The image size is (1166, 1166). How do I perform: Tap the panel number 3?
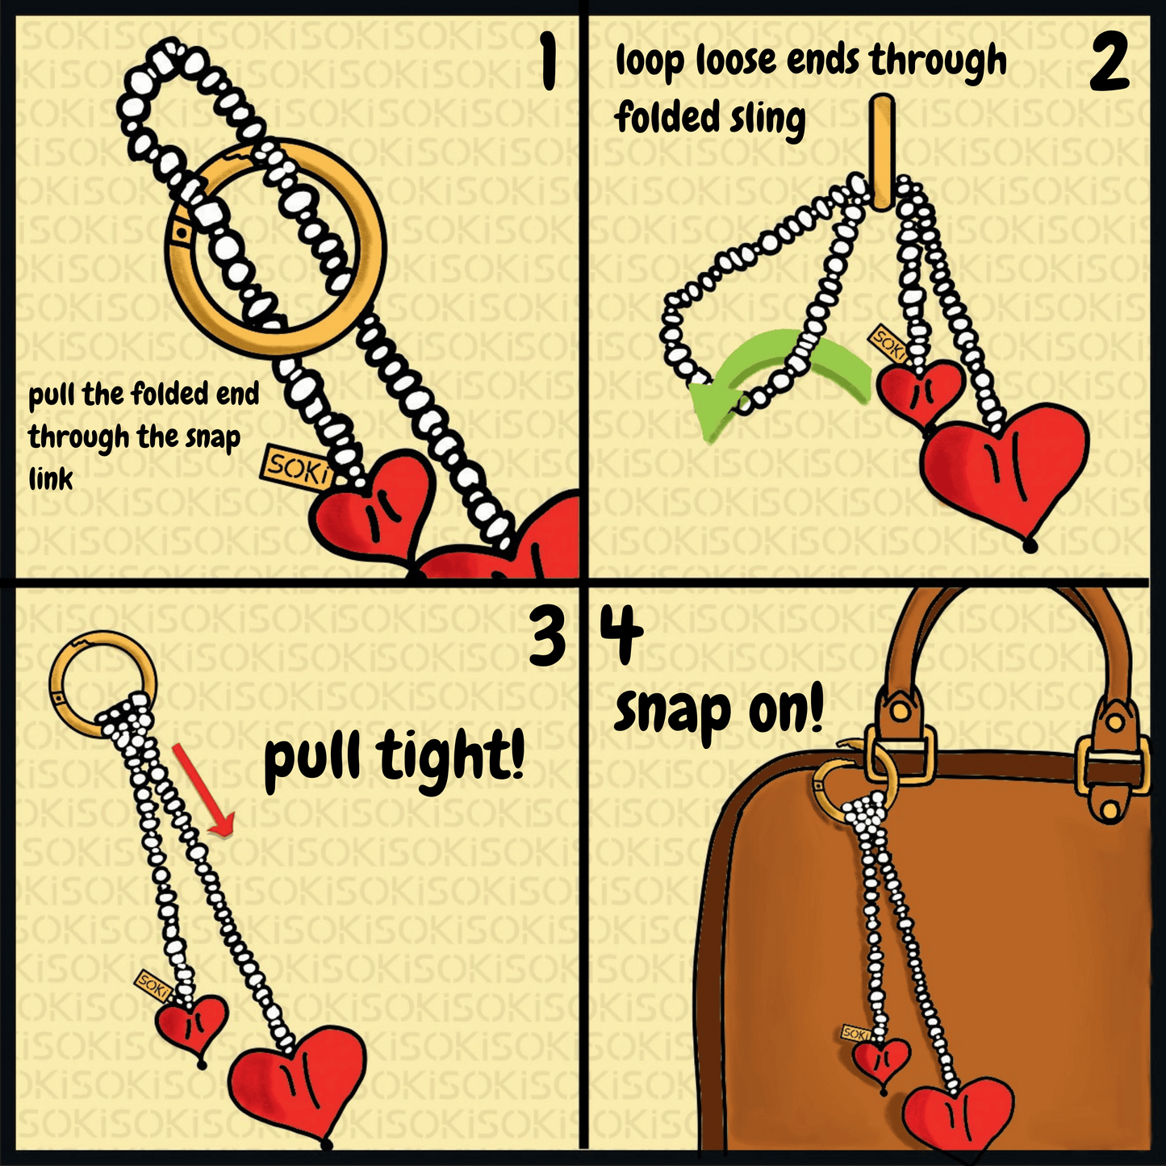click(549, 637)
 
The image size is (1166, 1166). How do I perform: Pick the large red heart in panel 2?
click(1005, 464)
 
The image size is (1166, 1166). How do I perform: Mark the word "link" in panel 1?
click(51, 479)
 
